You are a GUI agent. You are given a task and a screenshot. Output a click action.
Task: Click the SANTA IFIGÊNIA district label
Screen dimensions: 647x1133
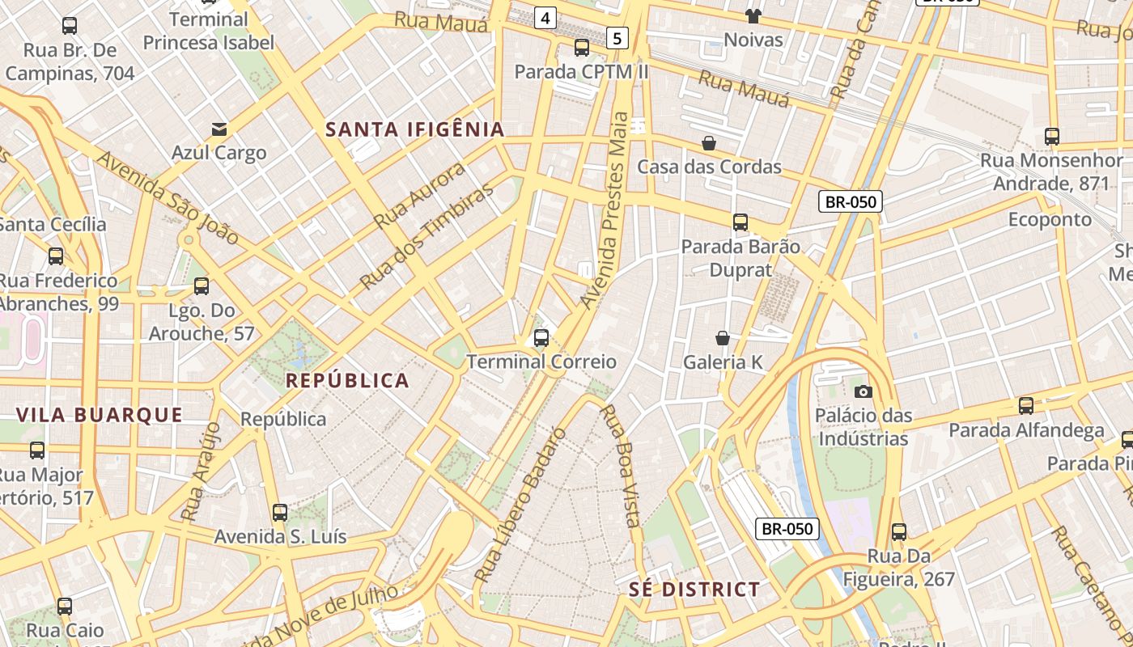(414, 129)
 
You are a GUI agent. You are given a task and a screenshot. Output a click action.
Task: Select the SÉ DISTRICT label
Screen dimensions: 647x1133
(694, 590)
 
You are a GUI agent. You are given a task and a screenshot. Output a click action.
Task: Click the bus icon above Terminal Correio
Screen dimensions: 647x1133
(541, 338)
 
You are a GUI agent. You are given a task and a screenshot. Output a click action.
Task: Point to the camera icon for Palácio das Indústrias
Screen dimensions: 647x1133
(864, 392)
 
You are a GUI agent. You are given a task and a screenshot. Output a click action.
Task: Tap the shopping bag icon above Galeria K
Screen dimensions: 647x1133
(723, 338)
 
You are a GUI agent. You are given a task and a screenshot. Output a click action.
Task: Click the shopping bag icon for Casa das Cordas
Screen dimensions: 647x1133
(709, 143)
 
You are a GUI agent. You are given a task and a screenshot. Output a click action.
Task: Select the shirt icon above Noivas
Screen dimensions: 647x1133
(753, 16)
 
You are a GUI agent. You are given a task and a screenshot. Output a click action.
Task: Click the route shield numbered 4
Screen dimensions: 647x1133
(545, 17)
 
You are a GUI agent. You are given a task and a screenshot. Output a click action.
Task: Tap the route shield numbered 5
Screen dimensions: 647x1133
(617, 37)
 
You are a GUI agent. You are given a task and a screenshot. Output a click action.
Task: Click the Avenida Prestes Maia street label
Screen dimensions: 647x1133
(605, 210)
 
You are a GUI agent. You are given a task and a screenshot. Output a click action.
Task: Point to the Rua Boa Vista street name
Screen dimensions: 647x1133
(621, 465)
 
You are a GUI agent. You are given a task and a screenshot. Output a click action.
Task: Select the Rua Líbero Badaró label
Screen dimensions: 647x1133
(519, 505)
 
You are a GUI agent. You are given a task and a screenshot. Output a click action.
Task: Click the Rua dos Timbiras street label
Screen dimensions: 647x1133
(426, 236)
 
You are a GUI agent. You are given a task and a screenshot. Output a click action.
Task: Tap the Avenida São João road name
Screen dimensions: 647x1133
(168, 197)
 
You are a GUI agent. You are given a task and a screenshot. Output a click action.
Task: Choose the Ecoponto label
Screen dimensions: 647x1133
(1050, 220)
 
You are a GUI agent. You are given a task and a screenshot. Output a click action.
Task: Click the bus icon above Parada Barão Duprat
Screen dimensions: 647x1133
(740, 222)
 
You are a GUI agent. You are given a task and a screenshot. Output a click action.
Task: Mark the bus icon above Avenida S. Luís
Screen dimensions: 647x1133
(280, 512)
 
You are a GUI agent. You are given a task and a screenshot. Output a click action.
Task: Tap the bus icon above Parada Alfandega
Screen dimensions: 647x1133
(1025, 406)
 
